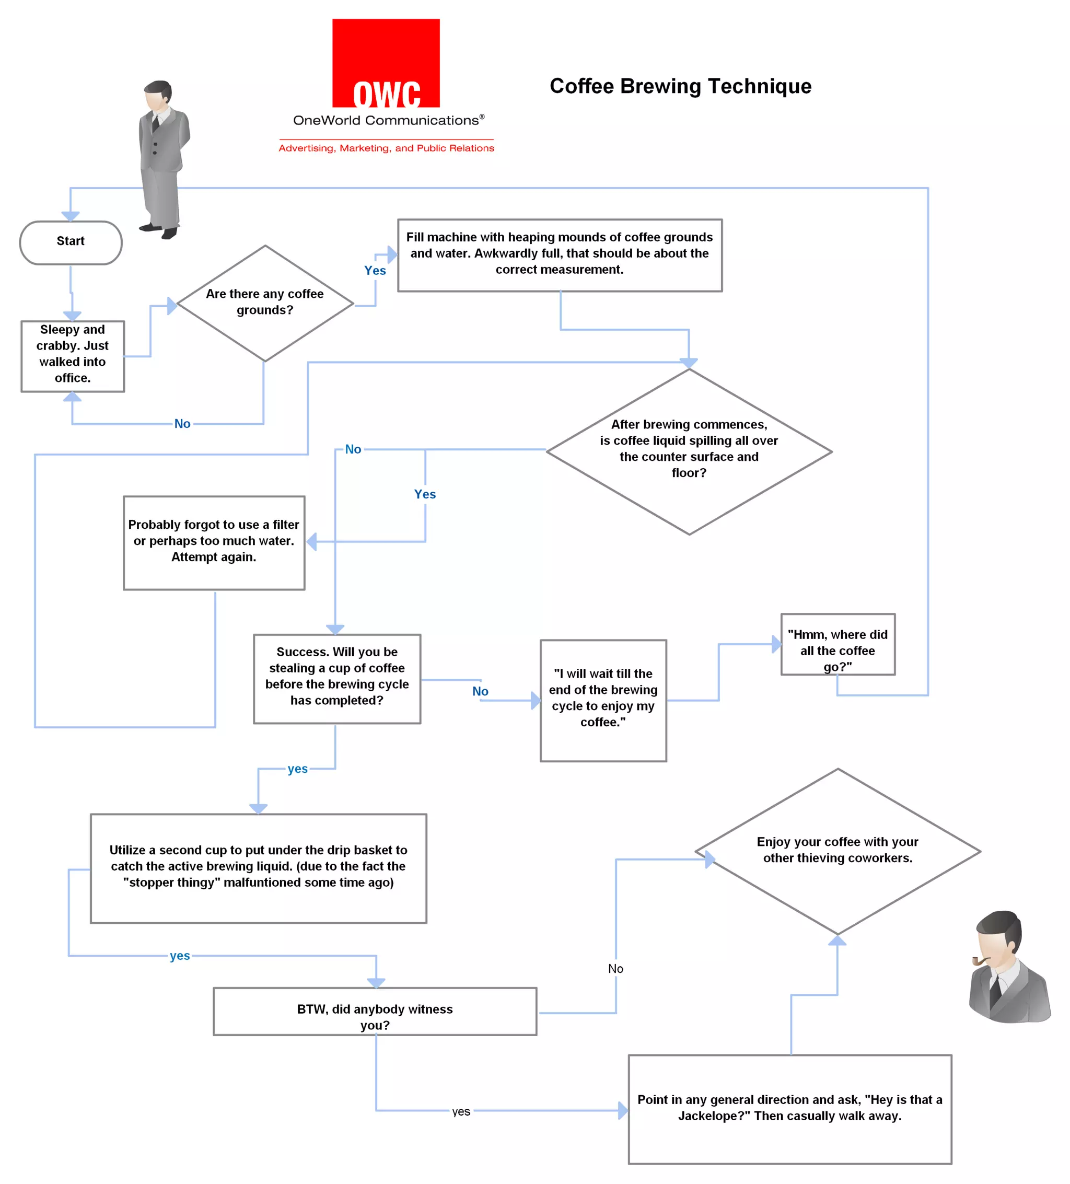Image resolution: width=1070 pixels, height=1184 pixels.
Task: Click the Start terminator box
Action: click(71, 241)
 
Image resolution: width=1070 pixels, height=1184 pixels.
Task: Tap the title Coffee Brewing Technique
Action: click(680, 86)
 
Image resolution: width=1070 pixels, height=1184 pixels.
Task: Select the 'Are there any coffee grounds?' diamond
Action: click(265, 303)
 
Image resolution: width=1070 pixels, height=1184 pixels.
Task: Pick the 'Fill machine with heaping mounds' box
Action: click(559, 254)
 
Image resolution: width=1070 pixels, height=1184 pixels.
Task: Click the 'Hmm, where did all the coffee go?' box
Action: click(837, 644)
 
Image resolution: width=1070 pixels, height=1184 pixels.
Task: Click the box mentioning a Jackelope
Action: click(789, 1108)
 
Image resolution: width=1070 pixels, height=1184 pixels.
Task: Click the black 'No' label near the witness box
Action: click(615, 968)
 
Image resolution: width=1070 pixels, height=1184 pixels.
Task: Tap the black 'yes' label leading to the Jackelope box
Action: click(461, 1111)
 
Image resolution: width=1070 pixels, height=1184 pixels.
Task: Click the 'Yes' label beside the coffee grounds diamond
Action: click(375, 270)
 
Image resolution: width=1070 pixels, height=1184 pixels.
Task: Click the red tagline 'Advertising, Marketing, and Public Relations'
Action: click(386, 148)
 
